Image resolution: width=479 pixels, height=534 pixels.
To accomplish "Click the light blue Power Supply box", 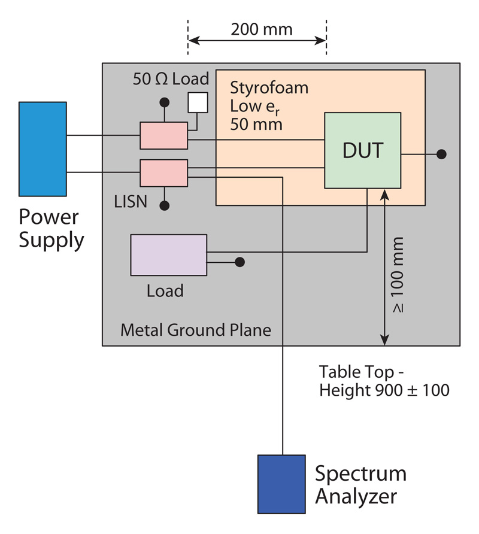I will [x=43, y=149].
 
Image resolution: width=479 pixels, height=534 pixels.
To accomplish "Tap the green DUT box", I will [x=362, y=150].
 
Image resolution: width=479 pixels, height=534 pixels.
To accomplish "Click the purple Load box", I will [x=168, y=255].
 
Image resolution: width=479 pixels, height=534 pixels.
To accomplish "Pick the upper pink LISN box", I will [x=163, y=136].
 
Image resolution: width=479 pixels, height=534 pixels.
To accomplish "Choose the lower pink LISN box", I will [x=163, y=174].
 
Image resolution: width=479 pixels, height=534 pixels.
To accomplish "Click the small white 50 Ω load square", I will [x=198, y=103].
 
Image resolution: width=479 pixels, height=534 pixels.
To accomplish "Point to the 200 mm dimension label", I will [x=257, y=29].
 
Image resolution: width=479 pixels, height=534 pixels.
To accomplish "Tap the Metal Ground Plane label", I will [x=196, y=330].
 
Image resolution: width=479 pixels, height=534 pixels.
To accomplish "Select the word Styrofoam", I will [x=269, y=88].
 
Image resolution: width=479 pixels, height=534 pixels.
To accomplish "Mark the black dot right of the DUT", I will [x=442, y=154].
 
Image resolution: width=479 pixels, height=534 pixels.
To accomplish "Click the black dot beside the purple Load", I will [x=239, y=262].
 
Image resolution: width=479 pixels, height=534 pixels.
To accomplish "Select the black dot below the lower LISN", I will [x=163, y=205].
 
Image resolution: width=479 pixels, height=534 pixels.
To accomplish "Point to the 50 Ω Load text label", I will [x=171, y=78].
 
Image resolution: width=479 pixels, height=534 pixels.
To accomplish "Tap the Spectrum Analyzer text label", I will [x=360, y=485].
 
